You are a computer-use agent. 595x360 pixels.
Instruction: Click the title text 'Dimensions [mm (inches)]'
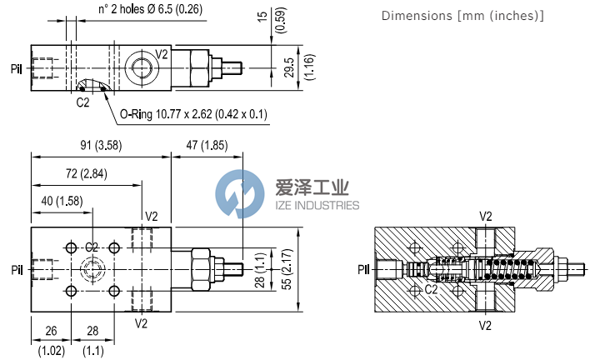[x=462, y=16]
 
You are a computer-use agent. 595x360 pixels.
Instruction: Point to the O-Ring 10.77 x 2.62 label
[x=192, y=114]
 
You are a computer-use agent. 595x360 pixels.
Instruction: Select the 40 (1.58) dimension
[x=61, y=200]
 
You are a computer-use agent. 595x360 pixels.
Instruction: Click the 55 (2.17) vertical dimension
[x=286, y=268]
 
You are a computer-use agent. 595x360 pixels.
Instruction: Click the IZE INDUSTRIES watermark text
[x=317, y=205]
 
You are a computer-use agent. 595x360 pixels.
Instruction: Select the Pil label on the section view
[x=364, y=269]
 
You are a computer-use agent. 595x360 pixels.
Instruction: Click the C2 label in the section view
[x=432, y=290]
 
